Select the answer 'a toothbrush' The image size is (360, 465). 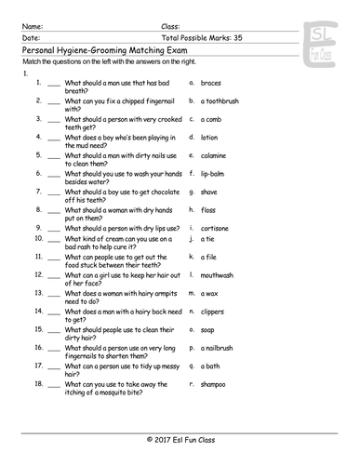(x=226, y=100)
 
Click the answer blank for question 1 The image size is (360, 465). (x=53, y=84)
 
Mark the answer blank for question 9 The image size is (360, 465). (x=53, y=227)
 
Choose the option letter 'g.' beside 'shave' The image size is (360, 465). (x=191, y=191)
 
